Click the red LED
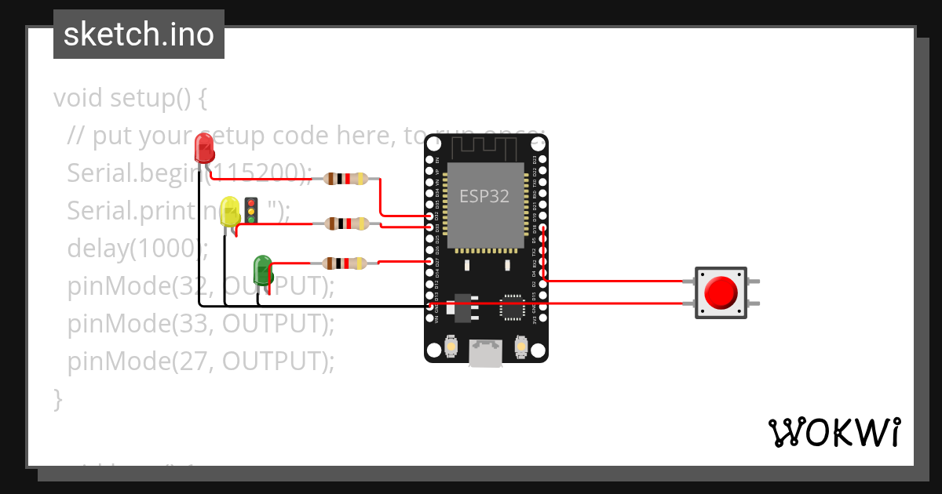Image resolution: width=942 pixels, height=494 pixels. [203, 147]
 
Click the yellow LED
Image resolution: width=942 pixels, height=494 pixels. [230, 212]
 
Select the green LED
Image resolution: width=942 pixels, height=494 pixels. [262, 269]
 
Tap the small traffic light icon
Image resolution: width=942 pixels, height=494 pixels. [252, 210]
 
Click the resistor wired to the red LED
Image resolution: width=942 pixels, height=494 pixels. [345, 179]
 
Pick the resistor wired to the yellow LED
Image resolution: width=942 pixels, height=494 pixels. [345, 224]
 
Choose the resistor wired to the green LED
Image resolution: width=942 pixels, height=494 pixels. [345, 263]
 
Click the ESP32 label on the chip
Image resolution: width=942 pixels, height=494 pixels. [484, 197]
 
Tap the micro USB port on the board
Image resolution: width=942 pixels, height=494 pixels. [486, 353]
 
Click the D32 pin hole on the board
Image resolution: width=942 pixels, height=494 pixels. [429, 216]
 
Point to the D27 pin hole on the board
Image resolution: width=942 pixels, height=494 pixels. [429, 260]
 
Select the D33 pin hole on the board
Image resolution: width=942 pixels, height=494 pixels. [429, 227]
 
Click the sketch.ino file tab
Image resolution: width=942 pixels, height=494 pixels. [139, 35]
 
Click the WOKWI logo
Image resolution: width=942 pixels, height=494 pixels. [834, 432]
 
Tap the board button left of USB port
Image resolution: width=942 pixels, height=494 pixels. [452, 345]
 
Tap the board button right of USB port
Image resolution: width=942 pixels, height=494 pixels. [520, 345]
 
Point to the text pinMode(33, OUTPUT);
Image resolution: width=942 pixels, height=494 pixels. [201, 323]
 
